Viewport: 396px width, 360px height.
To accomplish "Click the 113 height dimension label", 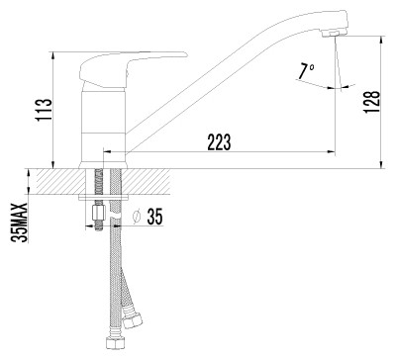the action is point(44,110).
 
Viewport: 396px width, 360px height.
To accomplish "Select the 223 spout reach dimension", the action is point(219,142).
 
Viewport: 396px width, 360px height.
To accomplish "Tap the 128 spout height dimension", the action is point(372,102).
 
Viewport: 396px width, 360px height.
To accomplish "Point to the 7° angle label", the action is point(306,71).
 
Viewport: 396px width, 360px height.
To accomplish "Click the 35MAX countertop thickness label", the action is point(20,223).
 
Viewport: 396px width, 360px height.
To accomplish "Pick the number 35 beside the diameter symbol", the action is point(154,217).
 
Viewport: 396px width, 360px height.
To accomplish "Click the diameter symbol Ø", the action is point(137,217).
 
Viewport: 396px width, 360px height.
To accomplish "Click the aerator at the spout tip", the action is point(334,33).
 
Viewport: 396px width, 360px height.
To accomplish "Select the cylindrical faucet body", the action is point(103,127).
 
